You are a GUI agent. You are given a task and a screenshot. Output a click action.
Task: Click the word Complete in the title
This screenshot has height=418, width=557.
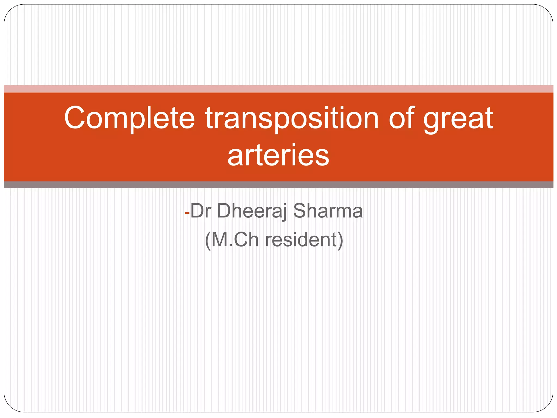[129, 118]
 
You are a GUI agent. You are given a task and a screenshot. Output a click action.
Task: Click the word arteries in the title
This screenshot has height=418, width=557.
[278, 155]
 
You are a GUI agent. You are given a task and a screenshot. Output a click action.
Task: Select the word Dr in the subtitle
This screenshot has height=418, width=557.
[201, 211]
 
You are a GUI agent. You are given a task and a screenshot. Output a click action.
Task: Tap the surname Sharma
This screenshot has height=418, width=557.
[328, 211]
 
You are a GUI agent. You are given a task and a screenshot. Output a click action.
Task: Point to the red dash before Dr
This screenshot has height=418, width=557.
[187, 213]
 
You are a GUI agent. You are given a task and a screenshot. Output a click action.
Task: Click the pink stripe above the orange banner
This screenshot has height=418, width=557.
[278, 89]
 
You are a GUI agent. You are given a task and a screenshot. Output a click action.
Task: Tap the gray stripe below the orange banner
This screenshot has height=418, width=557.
[278, 185]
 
